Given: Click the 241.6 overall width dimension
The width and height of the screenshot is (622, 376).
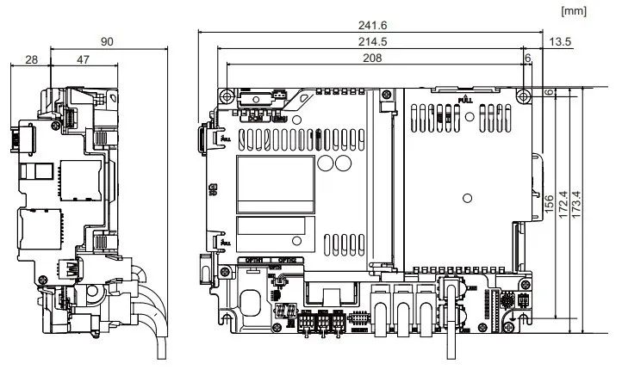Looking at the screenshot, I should point(370,26).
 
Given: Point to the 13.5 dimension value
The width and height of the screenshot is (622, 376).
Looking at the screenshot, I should point(560,41).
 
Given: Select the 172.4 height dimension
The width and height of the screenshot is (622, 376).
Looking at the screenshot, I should point(563,203).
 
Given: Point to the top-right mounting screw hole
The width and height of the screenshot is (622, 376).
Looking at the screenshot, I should point(523,94).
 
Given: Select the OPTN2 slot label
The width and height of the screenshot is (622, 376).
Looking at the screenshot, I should point(288,260).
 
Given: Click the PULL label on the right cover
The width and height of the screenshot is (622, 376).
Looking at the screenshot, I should point(465,100).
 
